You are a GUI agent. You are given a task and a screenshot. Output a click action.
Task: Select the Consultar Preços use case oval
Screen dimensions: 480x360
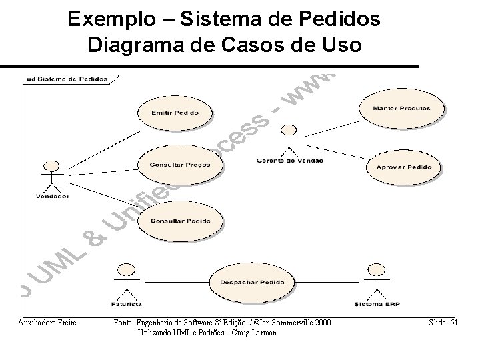pyautogui.click(x=180, y=164)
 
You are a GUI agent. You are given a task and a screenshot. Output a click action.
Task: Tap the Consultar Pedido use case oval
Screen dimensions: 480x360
pyautogui.click(x=180, y=220)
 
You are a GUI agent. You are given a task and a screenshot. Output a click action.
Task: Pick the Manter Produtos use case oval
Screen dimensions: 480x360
pyautogui.click(x=402, y=108)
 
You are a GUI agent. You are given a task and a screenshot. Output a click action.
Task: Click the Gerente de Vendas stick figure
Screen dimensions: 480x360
pyautogui.click(x=289, y=139)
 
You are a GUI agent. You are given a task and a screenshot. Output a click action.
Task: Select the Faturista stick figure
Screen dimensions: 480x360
pyautogui.click(x=123, y=280)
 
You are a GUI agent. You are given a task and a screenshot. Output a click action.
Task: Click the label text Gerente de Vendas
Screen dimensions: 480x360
pyautogui.click(x=289, y=161)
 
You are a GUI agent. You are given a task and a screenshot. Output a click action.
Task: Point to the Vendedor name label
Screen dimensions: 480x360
pyautogui.click(x=52, y=196)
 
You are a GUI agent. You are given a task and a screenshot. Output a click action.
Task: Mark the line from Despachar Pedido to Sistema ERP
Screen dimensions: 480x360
pyautogui.click(x=327, y=283)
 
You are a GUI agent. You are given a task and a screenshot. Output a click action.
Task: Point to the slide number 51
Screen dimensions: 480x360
pyautogui.click(x=454, y=323)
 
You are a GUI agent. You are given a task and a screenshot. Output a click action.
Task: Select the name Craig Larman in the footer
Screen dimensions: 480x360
pyautogui.click(x=257, y=333)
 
